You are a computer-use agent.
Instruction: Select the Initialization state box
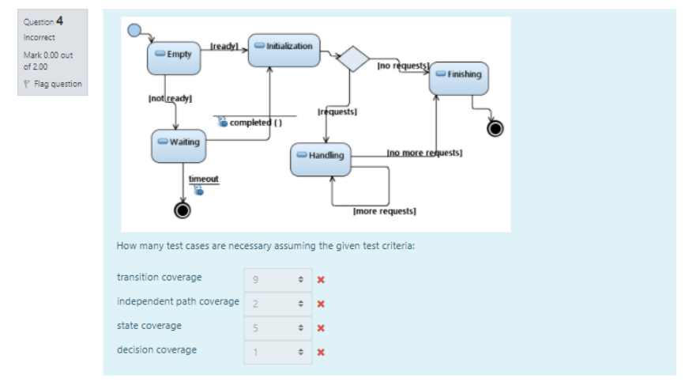(x=284, y=47)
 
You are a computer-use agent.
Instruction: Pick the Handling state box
(x=322, y=157)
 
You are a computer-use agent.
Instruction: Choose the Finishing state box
(x=459, y=75)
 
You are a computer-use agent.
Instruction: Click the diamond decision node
(x=353, y=59)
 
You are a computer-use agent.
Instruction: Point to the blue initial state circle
(x=134, y=30)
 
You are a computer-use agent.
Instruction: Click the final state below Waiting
(x=183, y=210)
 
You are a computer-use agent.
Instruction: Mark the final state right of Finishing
(x=495, y=128)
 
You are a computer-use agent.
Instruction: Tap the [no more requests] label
(x=424, y=151)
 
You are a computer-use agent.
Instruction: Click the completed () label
(x=256, y=123)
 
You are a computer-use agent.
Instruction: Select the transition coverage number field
(x=276, y=278)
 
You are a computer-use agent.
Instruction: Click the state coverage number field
(x=276, y=326)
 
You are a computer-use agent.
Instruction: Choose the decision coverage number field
(x=276, y=350)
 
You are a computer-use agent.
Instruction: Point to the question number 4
(x=59, y=21)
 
